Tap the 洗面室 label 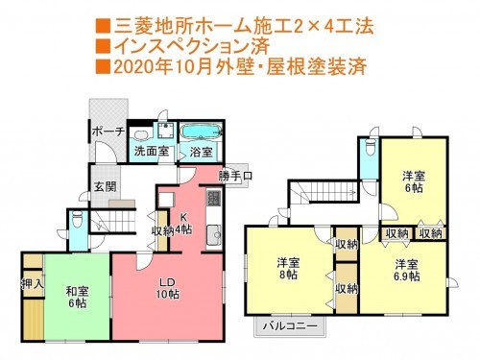151,152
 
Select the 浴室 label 201,152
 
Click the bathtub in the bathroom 200,131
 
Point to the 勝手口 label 235,177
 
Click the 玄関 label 104,187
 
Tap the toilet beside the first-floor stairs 77,220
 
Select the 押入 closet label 33,284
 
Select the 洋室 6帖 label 415,182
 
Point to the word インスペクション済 195,44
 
